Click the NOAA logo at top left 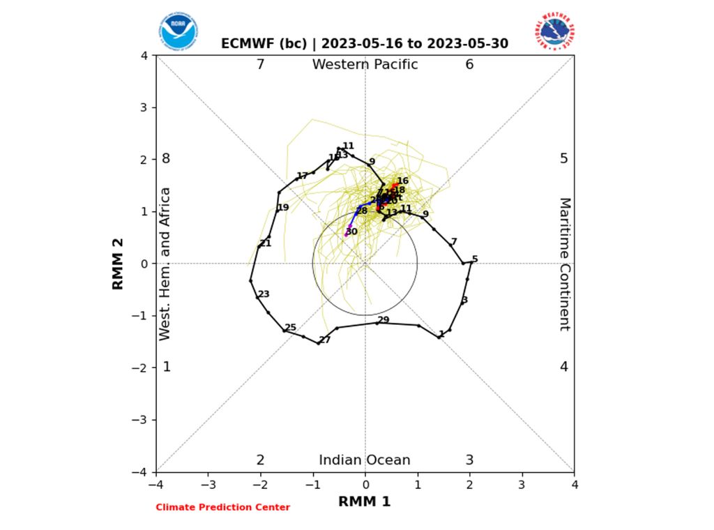tap(178, 31)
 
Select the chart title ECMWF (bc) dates tap(365, 44)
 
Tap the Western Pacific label tap(365, 65)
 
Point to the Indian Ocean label tap(365, 460)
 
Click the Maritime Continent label tap(565, 264)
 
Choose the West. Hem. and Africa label tap(165, 264)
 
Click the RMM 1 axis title tap(365, 501)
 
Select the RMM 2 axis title tap(119, 264)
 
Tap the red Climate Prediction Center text tap(222, 508)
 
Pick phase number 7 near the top tap(260, 65)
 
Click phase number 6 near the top tap(469, 65)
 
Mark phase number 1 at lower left tap(167, 367)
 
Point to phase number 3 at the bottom tap(469, 460)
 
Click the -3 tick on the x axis tap(208, 484)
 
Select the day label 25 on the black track tap(291, 328)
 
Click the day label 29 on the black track tap(383, 320)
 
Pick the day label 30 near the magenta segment tap(351, 232)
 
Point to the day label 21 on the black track tap(265, 243)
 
